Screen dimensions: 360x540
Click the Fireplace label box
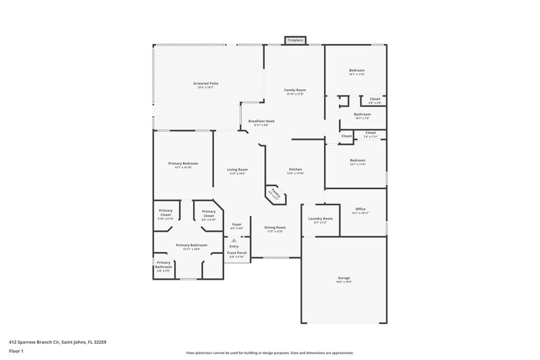(295, 41)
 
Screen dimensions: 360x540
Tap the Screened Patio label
(208, 84)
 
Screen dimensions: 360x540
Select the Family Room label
(295, 90)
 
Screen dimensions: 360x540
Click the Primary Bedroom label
(183, 163)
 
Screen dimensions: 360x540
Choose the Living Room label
(237, 170)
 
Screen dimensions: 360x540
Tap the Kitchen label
(296, 169)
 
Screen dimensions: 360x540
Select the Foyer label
(237, 224)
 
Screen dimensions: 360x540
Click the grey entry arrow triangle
(234, 239)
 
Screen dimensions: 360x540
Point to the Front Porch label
(237, 253)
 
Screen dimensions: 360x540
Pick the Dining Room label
(275, 228)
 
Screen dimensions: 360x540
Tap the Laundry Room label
(321, 218)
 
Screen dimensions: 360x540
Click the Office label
(360, 209)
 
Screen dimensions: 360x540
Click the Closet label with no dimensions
(346, 136)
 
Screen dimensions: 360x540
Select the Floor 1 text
(16, 352)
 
